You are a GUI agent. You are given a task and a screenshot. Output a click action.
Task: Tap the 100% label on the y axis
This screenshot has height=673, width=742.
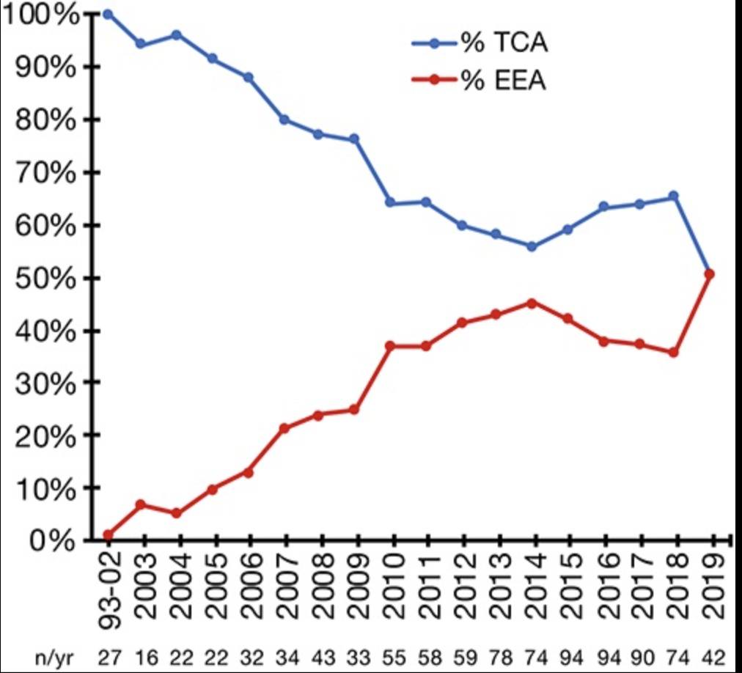[40, 15]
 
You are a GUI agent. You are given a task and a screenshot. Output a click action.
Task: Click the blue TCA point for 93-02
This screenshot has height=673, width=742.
[109, 14]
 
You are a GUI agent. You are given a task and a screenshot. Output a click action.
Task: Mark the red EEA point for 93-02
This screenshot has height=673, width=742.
[109, 534]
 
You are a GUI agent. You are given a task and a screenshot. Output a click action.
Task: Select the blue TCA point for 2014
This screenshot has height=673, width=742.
[532, 246]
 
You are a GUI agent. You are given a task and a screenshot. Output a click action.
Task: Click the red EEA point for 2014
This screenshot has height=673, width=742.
[532, 302]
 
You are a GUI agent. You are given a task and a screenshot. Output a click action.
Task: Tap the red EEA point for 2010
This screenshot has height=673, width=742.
[391, 345]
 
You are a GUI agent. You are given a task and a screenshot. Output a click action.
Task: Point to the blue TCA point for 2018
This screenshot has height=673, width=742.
[673, 196]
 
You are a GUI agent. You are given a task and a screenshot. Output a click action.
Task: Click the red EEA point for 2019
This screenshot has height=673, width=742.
[708, 274]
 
